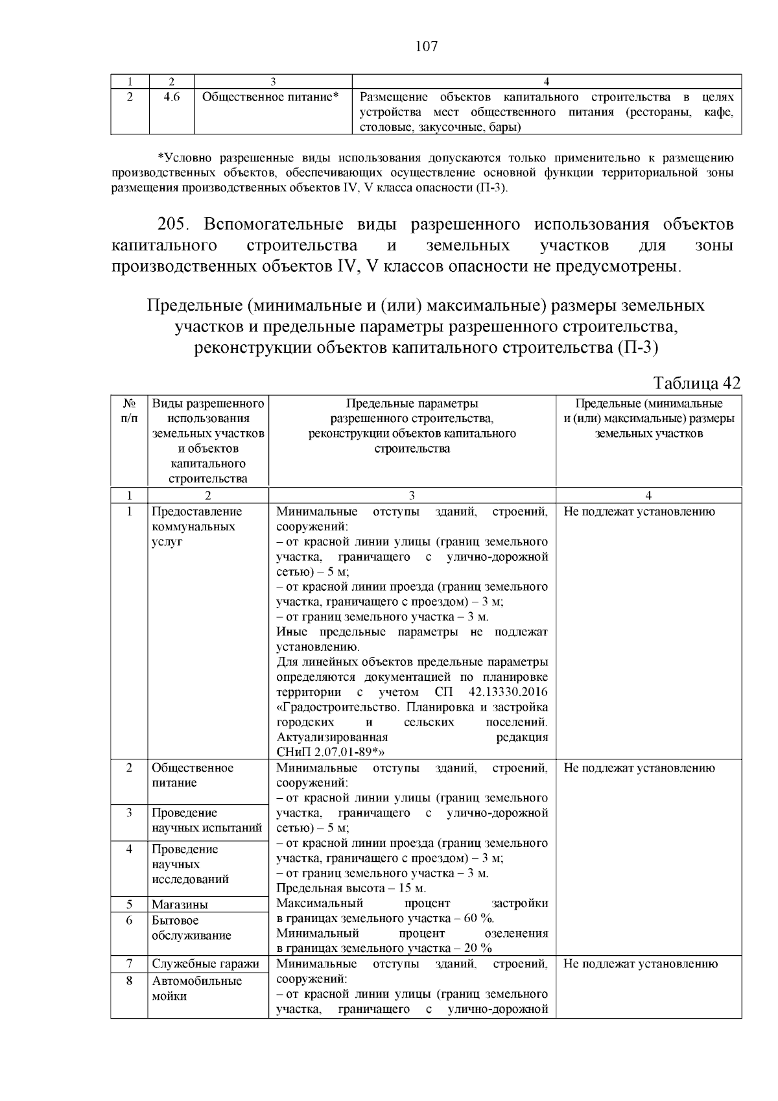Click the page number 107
[x=426, y=46]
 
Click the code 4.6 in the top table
[x=171, y=97]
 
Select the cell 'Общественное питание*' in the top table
[x=271, y=97]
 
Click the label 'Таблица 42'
[x=697, y=383]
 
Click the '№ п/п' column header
[x=129, y=411]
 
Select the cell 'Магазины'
[x=180, y=905]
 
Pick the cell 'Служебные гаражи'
[x=206, y=964]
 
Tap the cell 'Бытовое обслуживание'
[x=191, y=928]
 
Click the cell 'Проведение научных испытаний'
[x=206, y=820]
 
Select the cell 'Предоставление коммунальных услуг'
[x=196, y=527]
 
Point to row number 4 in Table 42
[x=129, y=849]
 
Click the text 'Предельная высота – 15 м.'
[x=351, y=888]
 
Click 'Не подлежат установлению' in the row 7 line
[x=640, y=964]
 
